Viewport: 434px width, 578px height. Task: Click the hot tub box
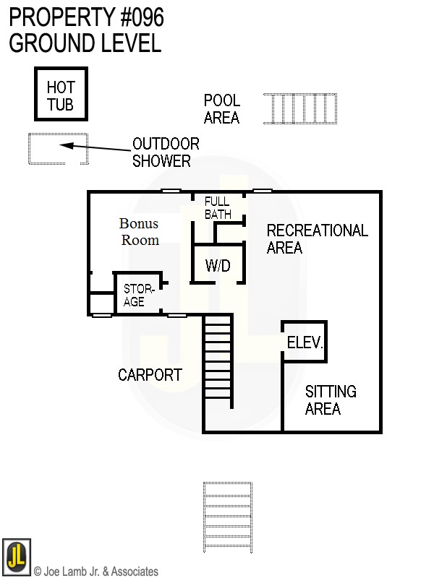pyautogui.click(x=61, y=95)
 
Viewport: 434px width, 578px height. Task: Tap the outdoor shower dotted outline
pyautogui.click(x=58, y=149)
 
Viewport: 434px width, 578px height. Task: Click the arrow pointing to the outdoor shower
pyautogui.click(x=94, y=147)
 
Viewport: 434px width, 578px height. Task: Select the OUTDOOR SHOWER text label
pyautogui.click(x=165, y=152)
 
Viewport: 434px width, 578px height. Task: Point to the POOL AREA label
pyautogui.click(x=221, y=109)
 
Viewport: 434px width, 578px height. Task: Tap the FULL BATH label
pyautogui.click(x=217, y=208)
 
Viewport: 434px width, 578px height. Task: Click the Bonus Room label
pyautogui.click(x=139, y=232)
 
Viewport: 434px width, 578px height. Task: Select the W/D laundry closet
pyautogui.click(x=217, y=265)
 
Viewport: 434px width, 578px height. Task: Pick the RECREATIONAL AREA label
pyautogui.click(x=317, y=238)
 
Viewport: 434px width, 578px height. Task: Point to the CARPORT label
pyautogui.click(x=150, y=375)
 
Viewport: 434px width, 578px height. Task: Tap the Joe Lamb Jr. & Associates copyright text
pyautogui.click(x=95, y=571)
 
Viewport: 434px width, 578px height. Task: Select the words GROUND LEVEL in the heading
pyautogui.click(x=85, y=43)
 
